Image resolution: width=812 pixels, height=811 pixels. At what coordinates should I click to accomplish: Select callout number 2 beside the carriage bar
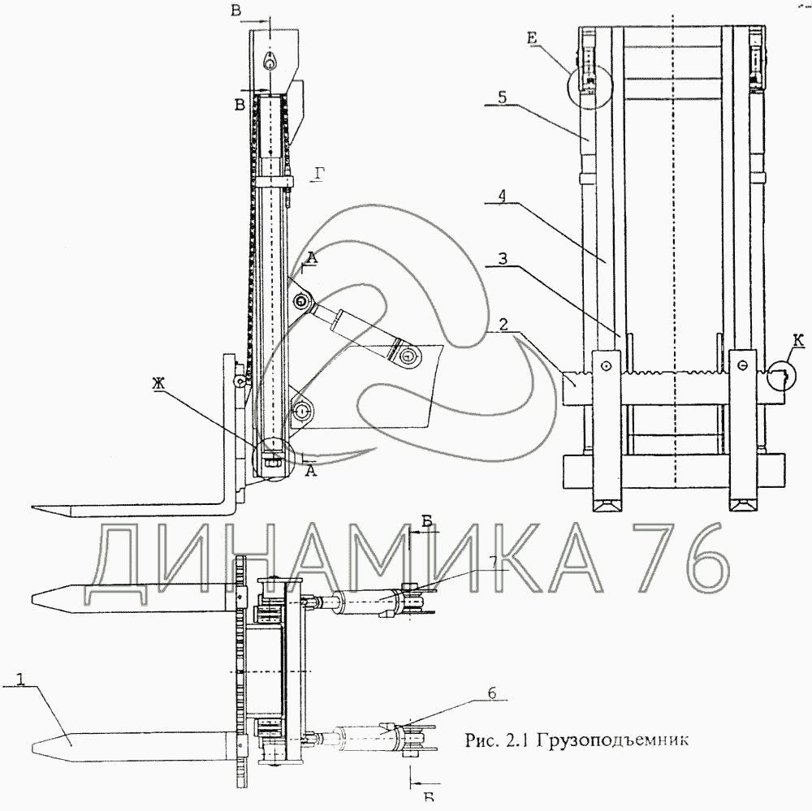(503, 326)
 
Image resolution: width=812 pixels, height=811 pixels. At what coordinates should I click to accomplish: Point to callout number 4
(503, 196)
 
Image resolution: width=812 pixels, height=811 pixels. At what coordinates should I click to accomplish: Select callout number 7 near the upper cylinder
(493, 562)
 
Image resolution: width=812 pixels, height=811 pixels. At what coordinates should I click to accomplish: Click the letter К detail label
(798, 341)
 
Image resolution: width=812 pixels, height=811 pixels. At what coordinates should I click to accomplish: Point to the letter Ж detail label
(159, 384)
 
